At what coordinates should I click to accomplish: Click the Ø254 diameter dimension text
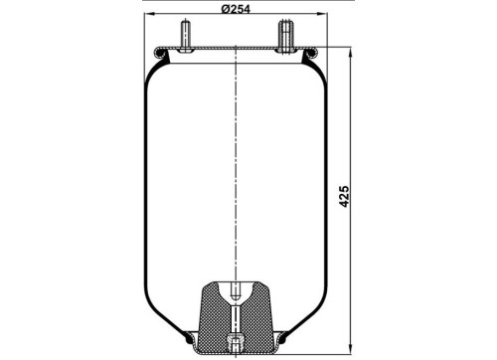pos(236,9)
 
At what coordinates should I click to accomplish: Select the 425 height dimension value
pos(345,197)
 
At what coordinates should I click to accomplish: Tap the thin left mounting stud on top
pos(185,34)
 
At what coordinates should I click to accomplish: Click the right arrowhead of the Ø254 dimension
pos(322,14)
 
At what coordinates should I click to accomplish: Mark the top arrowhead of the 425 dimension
pos(351,53)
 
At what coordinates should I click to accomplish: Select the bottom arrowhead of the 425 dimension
pos(351,349)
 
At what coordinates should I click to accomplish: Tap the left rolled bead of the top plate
pos(160,53)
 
